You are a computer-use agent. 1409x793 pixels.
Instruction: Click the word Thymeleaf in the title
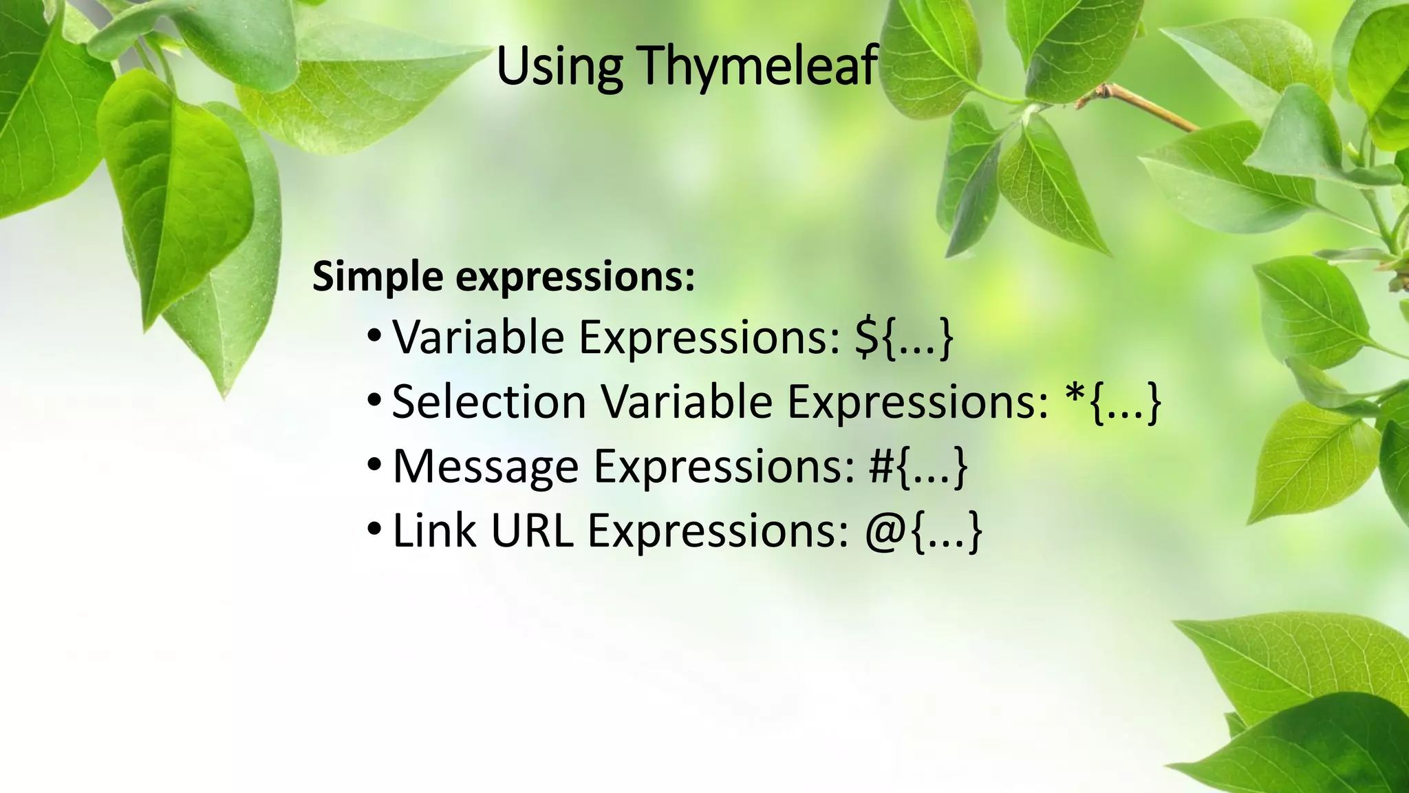[x=757, y=66]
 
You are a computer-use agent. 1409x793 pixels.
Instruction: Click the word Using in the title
[x=559, y=66]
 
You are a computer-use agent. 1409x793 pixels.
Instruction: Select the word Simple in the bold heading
[x=378, y=277]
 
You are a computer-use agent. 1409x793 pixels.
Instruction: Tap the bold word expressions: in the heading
[x=576, y=277]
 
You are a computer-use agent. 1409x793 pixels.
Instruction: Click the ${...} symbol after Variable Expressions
[x=903, y=337]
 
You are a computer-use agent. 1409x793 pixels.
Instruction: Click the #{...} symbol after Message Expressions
[x=918, y=467]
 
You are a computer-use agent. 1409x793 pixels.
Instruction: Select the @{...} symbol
[x=923, y=531]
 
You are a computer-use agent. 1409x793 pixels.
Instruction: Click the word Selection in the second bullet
[x=488, y=402]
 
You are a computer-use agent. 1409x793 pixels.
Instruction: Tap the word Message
[x=486, y=467]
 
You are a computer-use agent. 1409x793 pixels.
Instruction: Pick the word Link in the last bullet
[x=434, y=531]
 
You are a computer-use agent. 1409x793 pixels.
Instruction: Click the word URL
[x=532, y=531]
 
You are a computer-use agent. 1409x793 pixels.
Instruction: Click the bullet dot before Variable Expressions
[x=374, y=336]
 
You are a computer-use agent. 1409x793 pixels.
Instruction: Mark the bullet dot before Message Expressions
[x=374, y=465]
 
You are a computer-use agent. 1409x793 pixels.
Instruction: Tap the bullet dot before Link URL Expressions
[x=374, y=529]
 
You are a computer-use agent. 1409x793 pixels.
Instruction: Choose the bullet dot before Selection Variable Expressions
[x=374, y=400]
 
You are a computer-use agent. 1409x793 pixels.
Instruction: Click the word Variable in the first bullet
[x=478, y=337]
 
